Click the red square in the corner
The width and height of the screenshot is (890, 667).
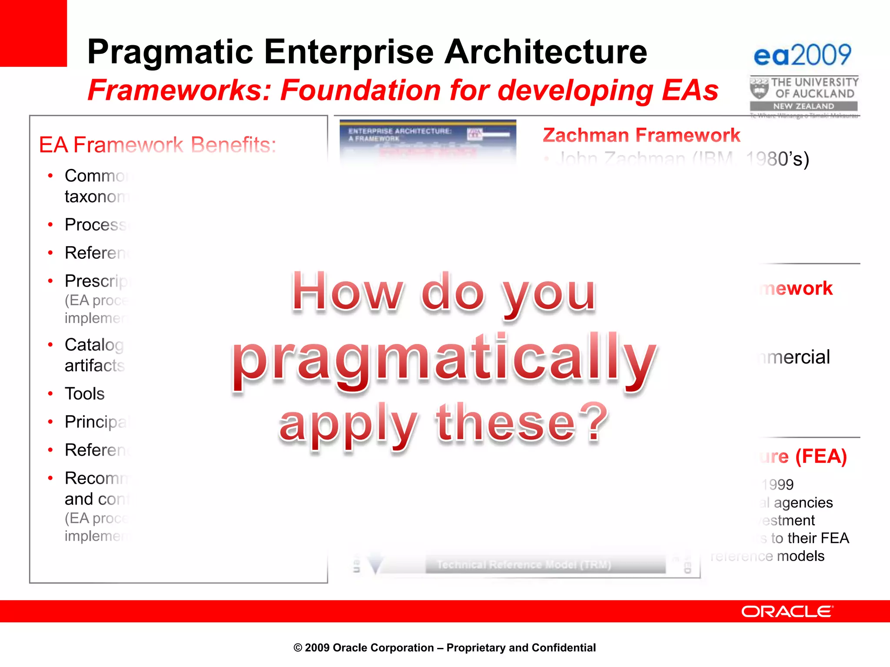click(x=33, y=33)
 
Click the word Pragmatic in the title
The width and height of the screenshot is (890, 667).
click(x=169, y=52)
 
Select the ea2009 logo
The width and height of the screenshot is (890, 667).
click(x=802, y=55)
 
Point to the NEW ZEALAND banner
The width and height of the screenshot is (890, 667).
click(x=803, y=106)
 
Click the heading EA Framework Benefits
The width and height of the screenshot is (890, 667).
click(x=157, y=145)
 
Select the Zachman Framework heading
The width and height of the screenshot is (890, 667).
click(x=641, y=135)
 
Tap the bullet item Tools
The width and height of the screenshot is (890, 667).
click(x=85, y=394)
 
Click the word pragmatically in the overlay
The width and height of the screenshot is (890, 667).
click(x=444, y=360)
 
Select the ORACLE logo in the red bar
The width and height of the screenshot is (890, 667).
click(x=787, y=611)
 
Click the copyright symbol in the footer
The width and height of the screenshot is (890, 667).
click(x=298, y=648)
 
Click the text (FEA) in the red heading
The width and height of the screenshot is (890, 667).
click(x=821, y=456)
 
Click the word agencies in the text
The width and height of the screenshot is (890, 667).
click(x=803, y=503)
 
